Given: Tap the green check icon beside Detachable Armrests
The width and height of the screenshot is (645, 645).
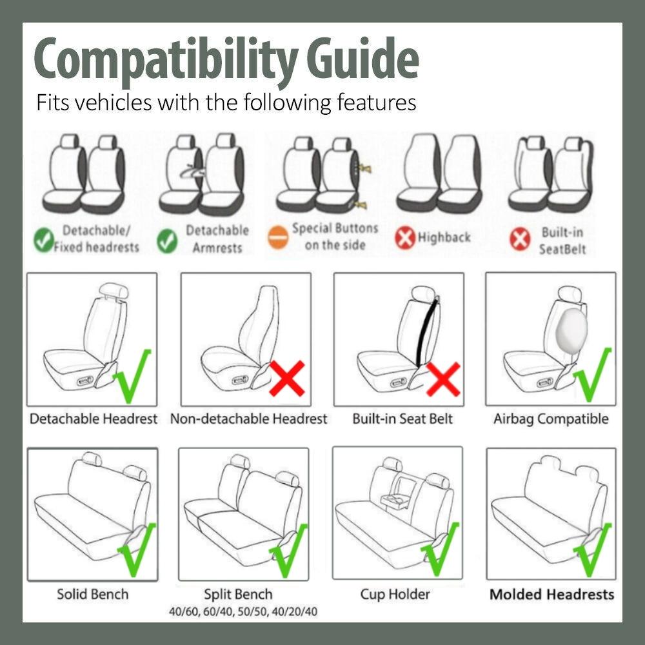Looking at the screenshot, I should point(168,241).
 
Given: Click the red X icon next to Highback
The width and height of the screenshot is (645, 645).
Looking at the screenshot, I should point(404,238).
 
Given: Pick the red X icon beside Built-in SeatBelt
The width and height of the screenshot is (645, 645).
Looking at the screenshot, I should point(520,240).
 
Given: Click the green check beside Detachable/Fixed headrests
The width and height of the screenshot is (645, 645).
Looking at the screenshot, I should point(44,241).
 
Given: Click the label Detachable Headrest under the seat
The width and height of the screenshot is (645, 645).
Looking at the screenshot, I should point(94,419).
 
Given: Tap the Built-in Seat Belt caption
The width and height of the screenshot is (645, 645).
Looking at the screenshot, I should point(402,419).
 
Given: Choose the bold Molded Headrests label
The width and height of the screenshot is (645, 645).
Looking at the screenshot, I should point(551,594).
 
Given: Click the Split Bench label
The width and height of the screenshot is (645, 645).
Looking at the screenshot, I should point(238,594).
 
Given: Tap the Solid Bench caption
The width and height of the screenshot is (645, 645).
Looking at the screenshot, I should point(93,594).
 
